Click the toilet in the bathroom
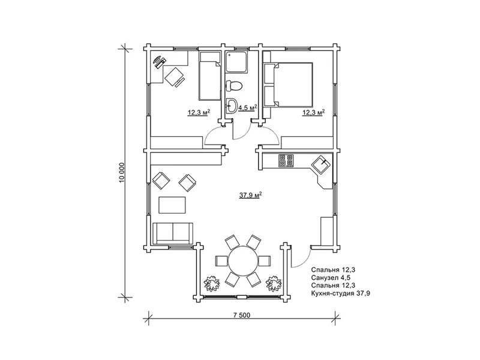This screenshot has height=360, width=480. (234, 85)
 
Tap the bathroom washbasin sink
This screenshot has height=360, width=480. (231, 106)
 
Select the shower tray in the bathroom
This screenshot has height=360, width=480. (236, 62)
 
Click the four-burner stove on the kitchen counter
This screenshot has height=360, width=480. (286, 161)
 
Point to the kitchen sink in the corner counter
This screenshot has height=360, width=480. (321, 164)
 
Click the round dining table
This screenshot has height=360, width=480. (244, 261)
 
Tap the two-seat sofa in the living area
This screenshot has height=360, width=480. (173, 233)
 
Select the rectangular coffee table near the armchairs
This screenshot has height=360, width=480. (172, 205)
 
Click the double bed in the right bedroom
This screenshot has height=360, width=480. (288, 85)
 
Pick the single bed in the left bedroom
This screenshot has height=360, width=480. (210, 76)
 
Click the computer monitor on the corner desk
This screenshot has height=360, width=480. (157, 59)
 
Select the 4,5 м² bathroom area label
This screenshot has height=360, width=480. (247, 108)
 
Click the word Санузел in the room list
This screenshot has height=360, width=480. (325, 278)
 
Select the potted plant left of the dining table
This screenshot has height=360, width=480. (211, 283)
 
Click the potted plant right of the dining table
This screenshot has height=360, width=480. (274, 283)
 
